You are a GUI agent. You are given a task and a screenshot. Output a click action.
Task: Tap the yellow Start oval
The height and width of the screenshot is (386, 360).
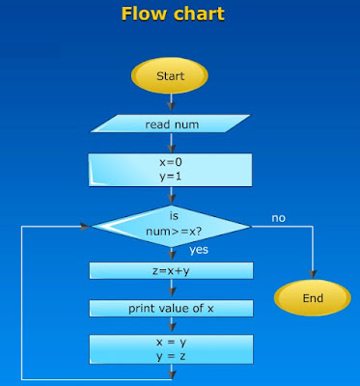(x=171, y=75)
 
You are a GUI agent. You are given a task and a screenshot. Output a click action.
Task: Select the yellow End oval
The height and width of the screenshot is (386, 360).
(x=313, y=298)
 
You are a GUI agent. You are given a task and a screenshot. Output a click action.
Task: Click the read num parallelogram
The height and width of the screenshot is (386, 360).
(x=171, y=124)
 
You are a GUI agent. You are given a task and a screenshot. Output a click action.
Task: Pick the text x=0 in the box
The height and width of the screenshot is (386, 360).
(x=171, y=162)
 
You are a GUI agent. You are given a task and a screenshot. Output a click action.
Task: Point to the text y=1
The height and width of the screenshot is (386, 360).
(x=171, y=177)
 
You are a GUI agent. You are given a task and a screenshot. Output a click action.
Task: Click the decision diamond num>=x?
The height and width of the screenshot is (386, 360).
(x=171, y=226)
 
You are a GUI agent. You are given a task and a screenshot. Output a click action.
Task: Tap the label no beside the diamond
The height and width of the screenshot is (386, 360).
(x=278, y=218)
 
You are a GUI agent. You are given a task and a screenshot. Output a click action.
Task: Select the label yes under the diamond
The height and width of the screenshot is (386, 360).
(x=199, y=250)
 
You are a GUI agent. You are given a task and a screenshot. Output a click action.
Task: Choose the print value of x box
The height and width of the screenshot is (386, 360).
(x=171, y=309)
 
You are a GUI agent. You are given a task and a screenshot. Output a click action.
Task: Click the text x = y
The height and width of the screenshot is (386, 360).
(x=171, y=342)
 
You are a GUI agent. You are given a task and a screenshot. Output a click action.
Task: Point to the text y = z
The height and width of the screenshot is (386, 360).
(x=171, y=356)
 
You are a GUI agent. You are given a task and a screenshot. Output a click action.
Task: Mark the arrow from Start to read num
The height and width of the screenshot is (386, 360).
(x=171, y=102)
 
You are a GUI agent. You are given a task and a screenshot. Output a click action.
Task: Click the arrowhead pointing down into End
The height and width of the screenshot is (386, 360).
(x=313, y=276)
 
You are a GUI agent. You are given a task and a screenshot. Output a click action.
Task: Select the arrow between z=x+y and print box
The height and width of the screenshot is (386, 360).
(x=171, y=292)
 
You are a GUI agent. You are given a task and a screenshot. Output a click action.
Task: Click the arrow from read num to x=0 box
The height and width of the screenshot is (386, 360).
(x=171, y=144)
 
